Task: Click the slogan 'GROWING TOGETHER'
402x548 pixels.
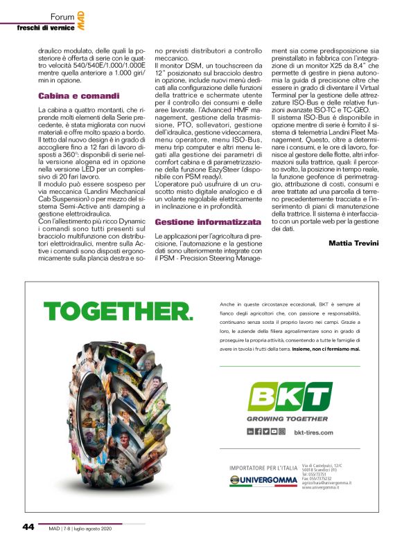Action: (288, 419)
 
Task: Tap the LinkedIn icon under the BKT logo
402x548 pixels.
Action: (251, 431)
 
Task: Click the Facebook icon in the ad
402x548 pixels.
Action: (259, 431)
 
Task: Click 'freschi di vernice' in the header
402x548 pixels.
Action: (46, 27)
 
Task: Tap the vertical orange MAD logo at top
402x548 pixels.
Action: (81, 19)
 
